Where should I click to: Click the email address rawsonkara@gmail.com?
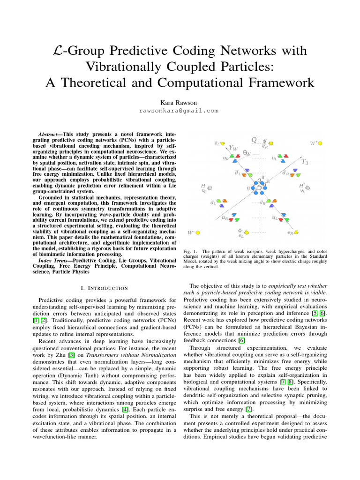coord(180,111)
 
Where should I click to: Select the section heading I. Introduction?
coord(101,287)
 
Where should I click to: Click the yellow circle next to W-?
coord(198,232)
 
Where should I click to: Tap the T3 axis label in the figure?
coord(305,162)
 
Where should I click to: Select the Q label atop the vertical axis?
coord(254,140)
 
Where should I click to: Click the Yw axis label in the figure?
coord(233,148)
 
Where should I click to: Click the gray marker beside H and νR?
coord(210,188)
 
